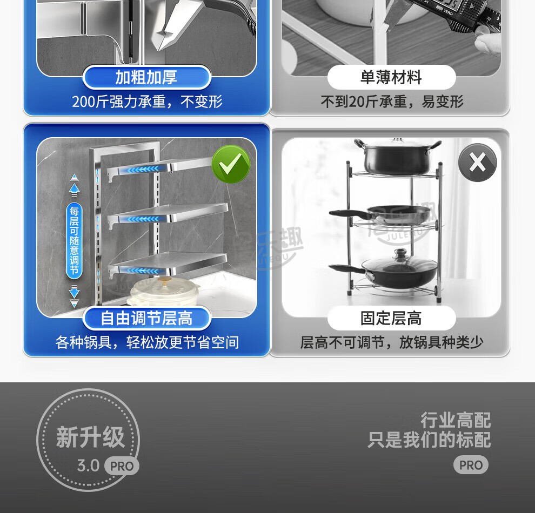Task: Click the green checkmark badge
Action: tap(231, 164)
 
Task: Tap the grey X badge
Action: tap(477, 163)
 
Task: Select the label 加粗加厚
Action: tap(146, 77)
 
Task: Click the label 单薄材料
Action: tap(391, 77)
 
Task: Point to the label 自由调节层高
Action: tap(146, 319)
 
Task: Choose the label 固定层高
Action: tap(391, 319)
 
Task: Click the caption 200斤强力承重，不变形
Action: tap(147, 102)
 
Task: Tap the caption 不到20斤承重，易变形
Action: tap(392, 102)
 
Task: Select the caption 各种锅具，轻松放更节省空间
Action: tap(147, 342)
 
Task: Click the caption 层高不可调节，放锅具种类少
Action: tap(392, 342)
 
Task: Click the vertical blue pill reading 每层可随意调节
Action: tap(74, 241)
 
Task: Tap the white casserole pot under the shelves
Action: tap(164, 292)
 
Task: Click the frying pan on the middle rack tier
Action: tap(380, 214)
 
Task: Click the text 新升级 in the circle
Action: tap(90, 437)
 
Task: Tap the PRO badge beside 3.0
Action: tap(122, 465)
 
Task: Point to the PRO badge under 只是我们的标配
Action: tap(471, 464)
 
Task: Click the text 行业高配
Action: tap(456, 420)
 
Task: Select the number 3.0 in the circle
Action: tap(88, 465)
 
